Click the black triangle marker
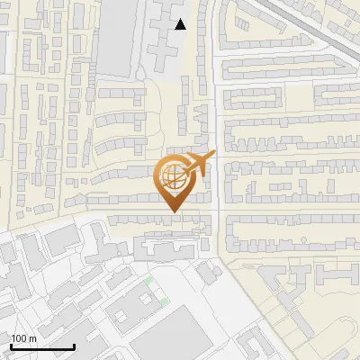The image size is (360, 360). click(181, 24)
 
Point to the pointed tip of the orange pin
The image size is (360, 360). click(174, 211)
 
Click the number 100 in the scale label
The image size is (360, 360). click(19, 338)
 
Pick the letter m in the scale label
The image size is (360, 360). click(32, 338)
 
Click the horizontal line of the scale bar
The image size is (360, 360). click(42, 346)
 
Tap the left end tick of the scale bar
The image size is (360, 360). click(11, 345)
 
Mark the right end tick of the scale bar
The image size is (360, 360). click(74, 345)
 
